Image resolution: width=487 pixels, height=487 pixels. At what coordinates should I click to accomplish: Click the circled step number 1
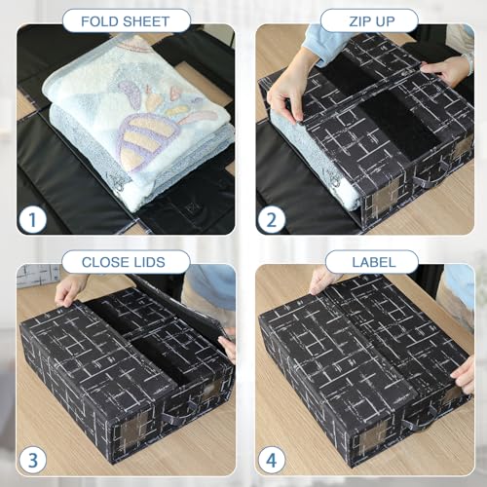coord(32,220)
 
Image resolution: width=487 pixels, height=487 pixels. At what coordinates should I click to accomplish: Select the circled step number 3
coord(32,460)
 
